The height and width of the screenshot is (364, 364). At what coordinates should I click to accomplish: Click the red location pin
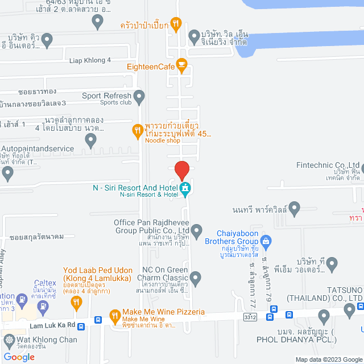coord(181,170)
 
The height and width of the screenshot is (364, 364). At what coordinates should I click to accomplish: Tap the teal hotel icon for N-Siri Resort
coord(185,188)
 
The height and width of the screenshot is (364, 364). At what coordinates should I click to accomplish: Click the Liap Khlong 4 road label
coord(90,60)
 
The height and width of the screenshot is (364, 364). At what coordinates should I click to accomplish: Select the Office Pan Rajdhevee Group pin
coord(197,231)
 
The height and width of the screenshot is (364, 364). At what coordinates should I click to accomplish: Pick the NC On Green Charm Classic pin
coord(196,279)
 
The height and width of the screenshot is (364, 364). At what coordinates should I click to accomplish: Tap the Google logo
coord(19,357)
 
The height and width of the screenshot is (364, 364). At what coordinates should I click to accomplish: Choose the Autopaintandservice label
coord(39,148)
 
